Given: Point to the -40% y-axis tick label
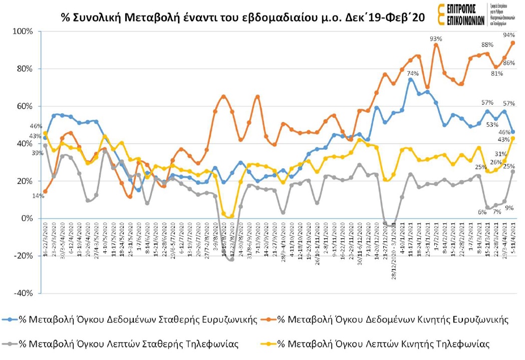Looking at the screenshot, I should click(x=23, y=293).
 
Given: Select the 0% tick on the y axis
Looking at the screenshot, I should click(x=26, y=219).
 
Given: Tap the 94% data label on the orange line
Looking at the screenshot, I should click(x=509, y=35).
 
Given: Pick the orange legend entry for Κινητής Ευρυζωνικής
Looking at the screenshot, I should click(x=389, y=319).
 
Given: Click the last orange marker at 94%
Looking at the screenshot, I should click(x=513, y=43).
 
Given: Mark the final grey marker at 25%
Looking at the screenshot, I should click(x=513, y=171).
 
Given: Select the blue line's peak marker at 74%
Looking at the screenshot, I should click(x=410, y=80).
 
